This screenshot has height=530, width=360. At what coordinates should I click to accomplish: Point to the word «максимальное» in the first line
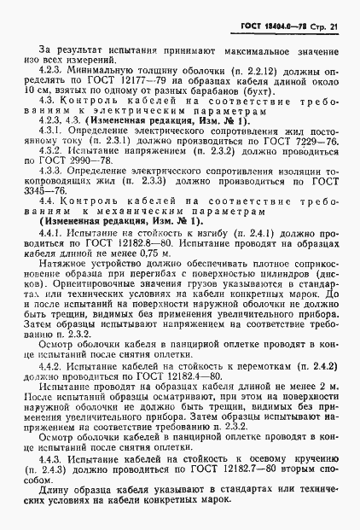259,55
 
